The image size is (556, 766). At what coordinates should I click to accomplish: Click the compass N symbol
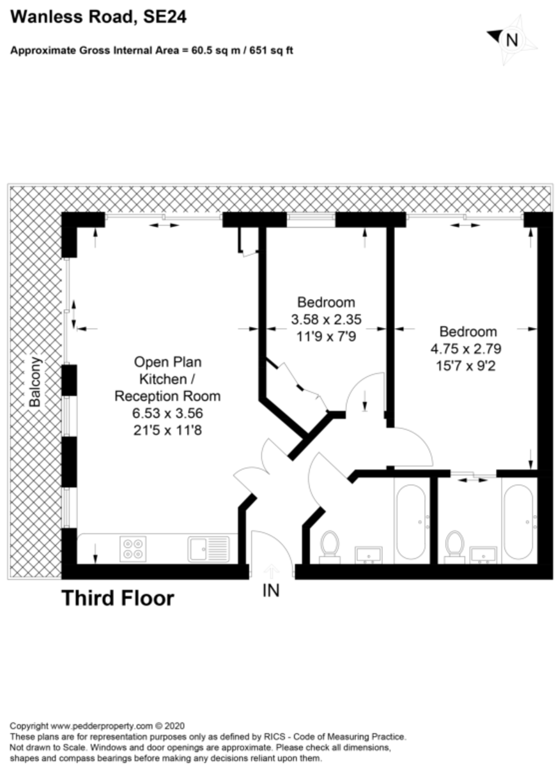[x=512, y=40]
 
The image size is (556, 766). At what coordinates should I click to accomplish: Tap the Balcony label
[x=35, y=382]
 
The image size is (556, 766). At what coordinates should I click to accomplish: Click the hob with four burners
[x=133, y=549]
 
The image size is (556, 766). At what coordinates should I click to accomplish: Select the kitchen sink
[x=208, y=549]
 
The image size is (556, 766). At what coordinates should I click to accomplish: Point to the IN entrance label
[x=271, y=590]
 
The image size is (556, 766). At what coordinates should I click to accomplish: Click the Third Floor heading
[x=118, y=599]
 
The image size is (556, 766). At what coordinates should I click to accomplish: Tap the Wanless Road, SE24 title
[x=98, y=17]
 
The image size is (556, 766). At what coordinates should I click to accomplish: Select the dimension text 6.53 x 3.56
[x=167, y=413]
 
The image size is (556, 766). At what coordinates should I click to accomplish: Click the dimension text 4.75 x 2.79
[x=466, y=349]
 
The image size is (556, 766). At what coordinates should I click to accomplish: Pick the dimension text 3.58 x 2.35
[x=327, y=319]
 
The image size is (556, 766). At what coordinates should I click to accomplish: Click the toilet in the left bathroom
[x=330, y=547]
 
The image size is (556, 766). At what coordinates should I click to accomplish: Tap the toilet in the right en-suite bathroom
[x=454, y=547]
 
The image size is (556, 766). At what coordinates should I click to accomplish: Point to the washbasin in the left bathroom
[x=368, y=554]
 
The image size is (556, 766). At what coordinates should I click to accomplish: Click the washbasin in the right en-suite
[x=483, y=554]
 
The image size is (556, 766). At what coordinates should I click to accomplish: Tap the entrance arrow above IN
[x=271, y=572]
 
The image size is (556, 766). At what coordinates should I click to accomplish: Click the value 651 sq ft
[x=271, y=50]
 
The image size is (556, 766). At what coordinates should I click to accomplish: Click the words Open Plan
[x=167, y=362]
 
